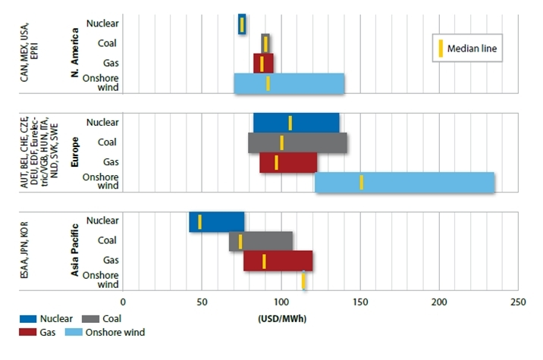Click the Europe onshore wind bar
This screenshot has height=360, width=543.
405,183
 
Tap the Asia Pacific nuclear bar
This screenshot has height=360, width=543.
217,221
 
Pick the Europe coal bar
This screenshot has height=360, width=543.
297,142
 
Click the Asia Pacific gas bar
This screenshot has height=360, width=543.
278,261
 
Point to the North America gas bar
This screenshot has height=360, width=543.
263,63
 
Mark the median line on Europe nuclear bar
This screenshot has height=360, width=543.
290,123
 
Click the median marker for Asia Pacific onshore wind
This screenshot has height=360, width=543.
304,280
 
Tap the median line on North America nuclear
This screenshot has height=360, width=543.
242,23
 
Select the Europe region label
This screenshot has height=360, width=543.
75,152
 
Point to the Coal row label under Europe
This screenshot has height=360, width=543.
107,142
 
